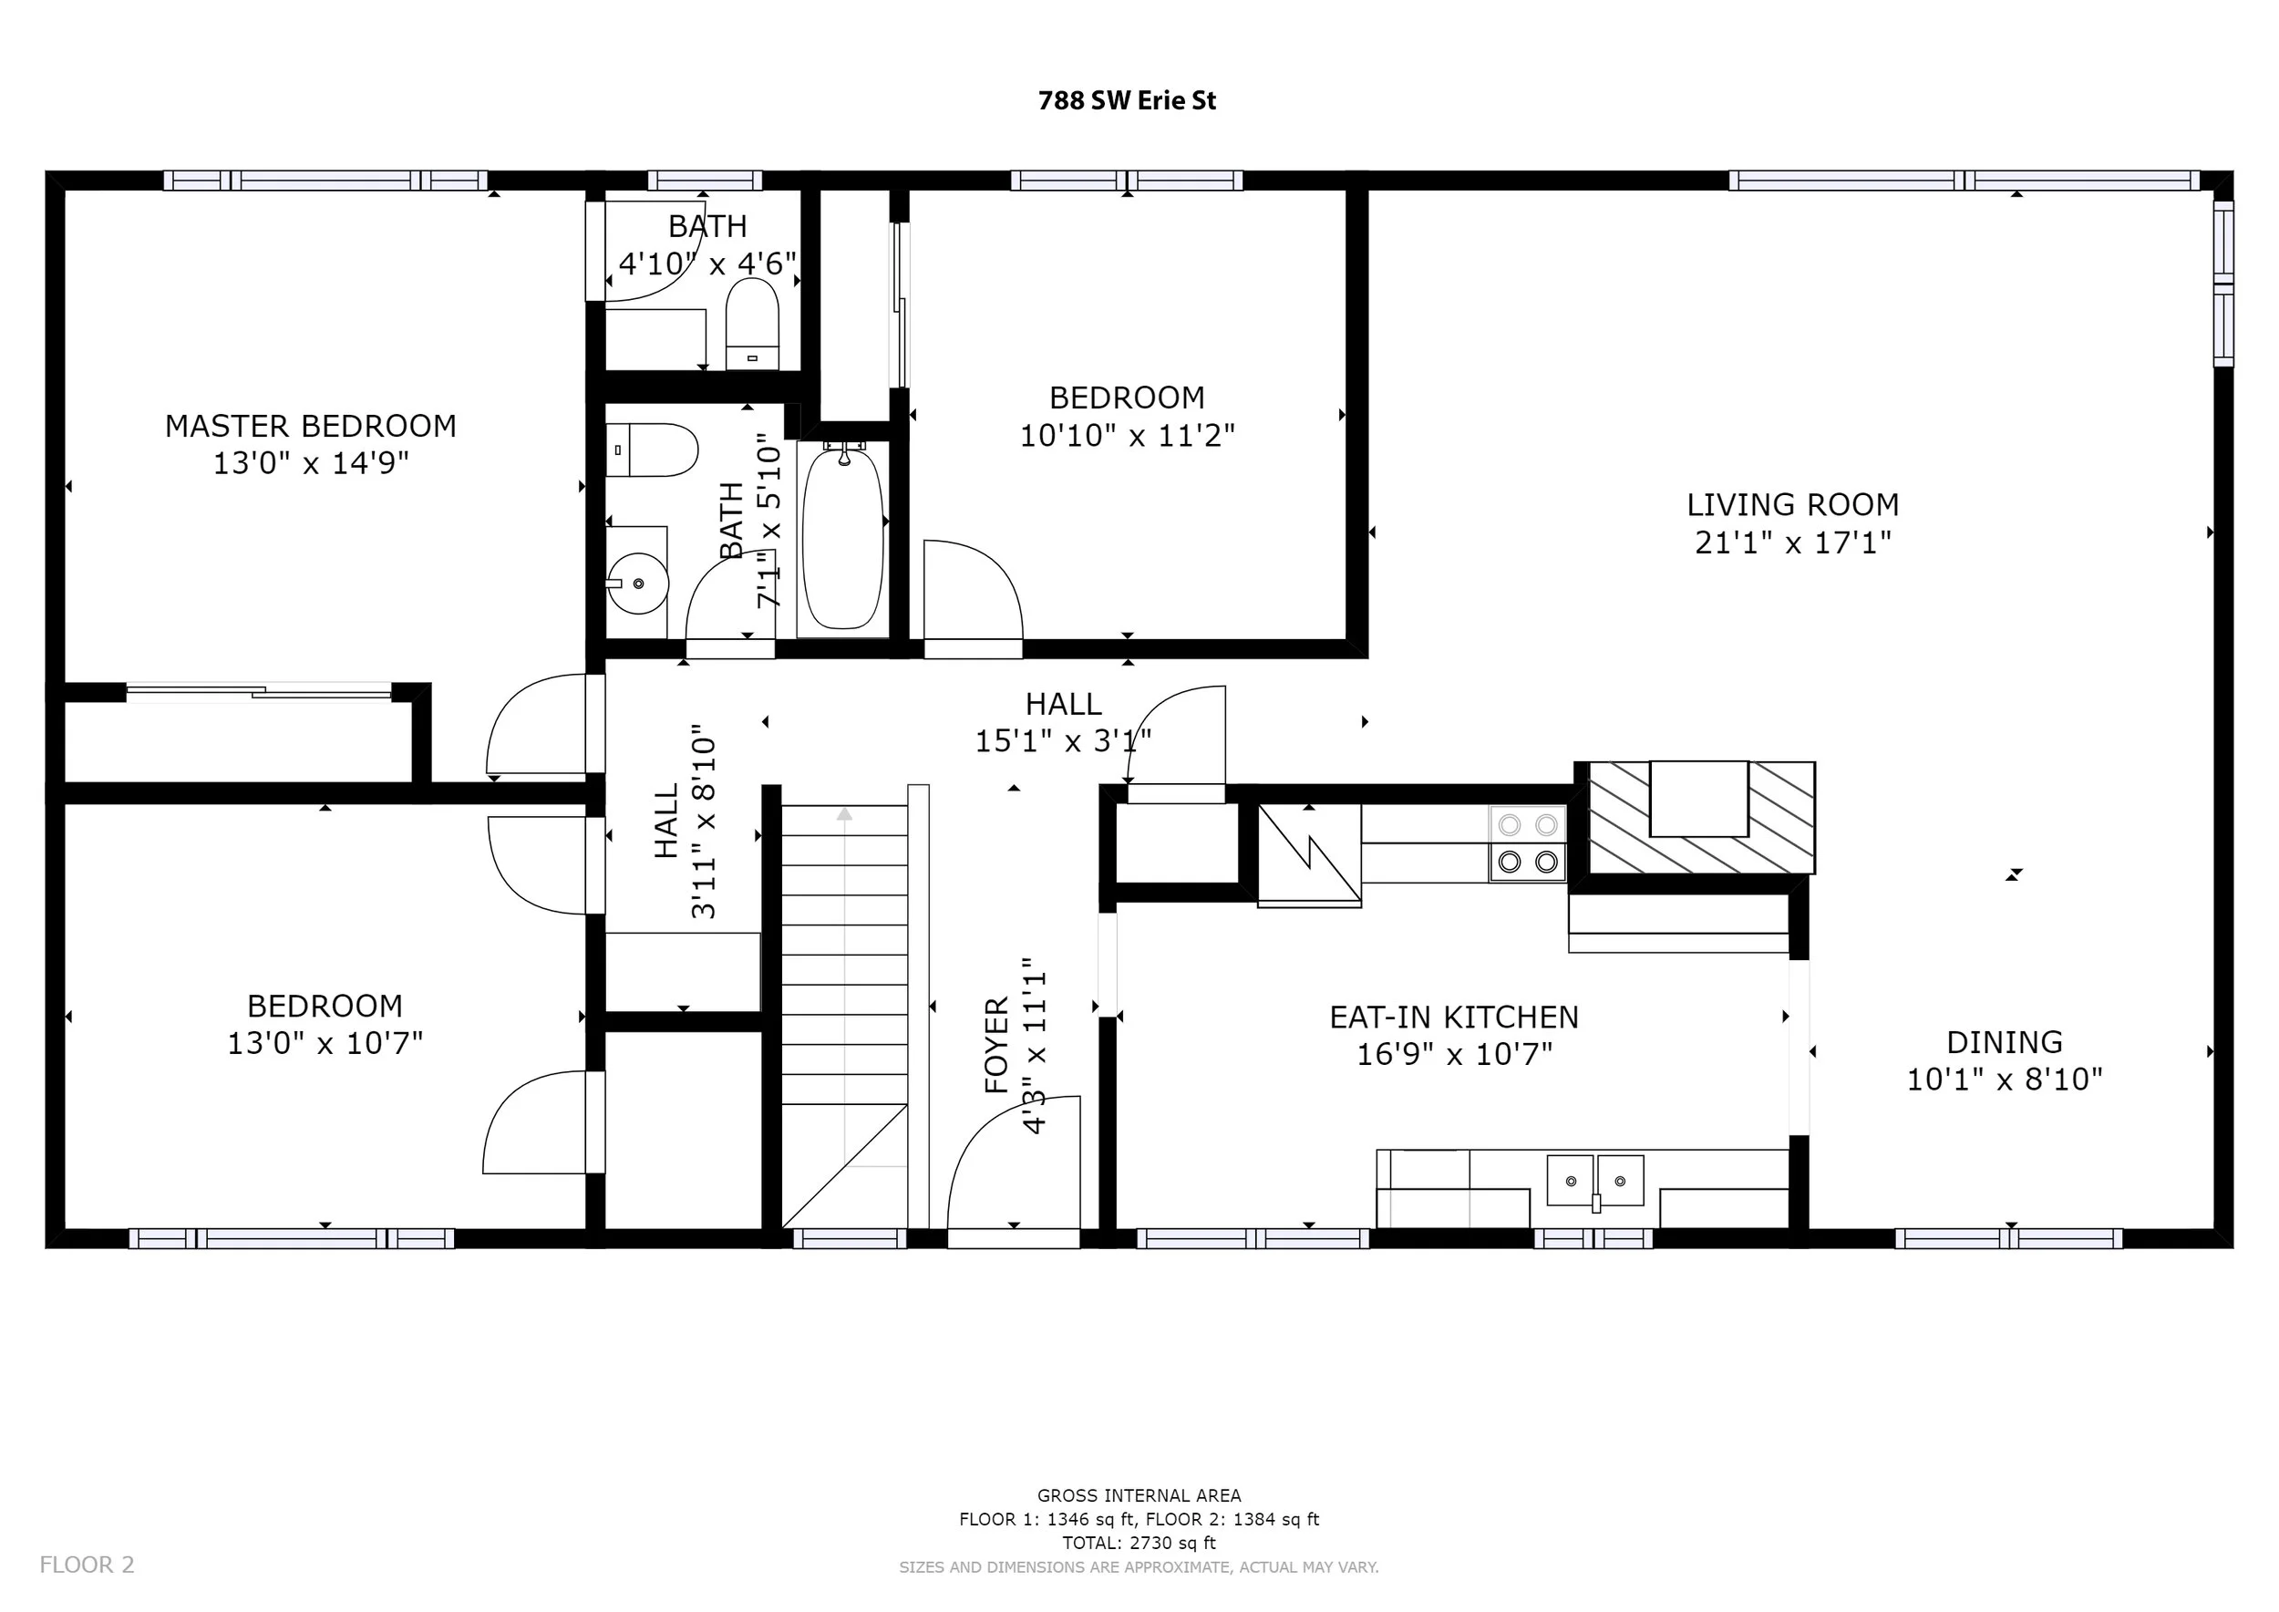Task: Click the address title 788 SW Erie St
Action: pyautogui.click(x=1127, y=100)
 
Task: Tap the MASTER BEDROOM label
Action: pyautogui.click(x=311, y=426)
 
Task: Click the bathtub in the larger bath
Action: pyautogui.click(x=841, y=537)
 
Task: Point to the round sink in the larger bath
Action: pyautogui.click(x=637, y=584)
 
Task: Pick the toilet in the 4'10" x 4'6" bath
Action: pyautogui.click(x=752, y=324)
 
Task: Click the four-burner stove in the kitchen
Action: pyautogui.click(x=1528, y=842)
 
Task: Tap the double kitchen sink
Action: pyautogui.click(x=1595, y=1180)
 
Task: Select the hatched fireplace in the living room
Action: pyautogui.click(x=1702, y=818)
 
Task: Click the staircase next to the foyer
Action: pyautogui.click(x=845, y=1017)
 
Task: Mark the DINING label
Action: pyautogui.click(x=2004, y=1042)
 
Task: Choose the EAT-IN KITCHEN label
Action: pyautogui.click(x=1454, y=1018)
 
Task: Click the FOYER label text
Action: pyautogui.click(x=996, y=1045)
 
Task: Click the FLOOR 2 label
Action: pyautogui.click(x=88, y=1565)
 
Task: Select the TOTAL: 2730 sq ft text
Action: pyautogui.click(x=1139, y=1543)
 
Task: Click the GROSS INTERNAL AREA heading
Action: pyautogui.click(x=1139, y=1496)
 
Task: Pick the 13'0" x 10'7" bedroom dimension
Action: pyautogui.click(x=325, y=1043)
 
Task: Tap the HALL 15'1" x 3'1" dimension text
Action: pyautogui.click(x=1063, y=741)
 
